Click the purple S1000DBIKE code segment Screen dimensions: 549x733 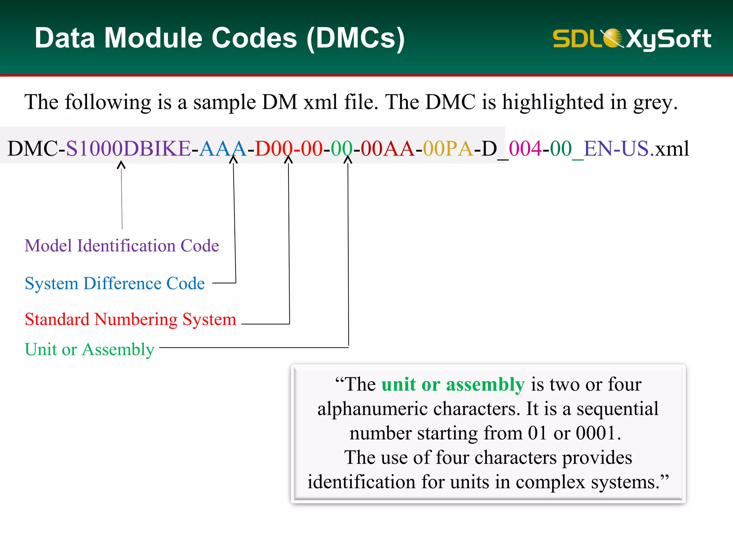pos(128,148)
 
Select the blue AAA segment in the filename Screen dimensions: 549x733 pos(222,148)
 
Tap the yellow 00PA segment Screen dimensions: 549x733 pos(448,148)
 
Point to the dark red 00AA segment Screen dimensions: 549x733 pos(387,148)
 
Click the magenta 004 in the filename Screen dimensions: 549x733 pos(525,148)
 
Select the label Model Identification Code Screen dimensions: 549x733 pos(122,246)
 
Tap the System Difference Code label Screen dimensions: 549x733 pos(115,283)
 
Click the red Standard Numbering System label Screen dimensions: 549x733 pos(130,319)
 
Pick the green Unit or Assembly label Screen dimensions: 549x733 pos(89,349)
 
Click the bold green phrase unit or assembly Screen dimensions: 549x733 pos(453,385)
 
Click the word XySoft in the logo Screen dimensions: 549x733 pos(668,39)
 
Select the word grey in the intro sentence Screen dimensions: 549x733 pos(654,103)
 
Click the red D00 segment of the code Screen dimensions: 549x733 pos(273,148)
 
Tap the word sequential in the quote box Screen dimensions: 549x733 pos(617,409)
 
